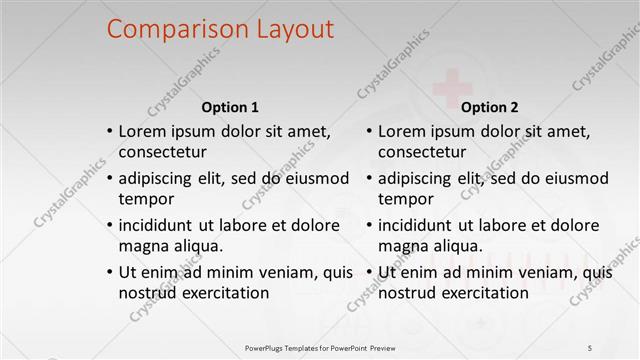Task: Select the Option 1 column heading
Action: (230, 107)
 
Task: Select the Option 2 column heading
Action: (489, 107)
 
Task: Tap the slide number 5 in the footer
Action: (591, 347)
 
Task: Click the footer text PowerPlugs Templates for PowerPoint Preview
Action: (319, 347)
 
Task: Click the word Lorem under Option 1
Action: (143, 131)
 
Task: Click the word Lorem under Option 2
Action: (402, 131)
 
